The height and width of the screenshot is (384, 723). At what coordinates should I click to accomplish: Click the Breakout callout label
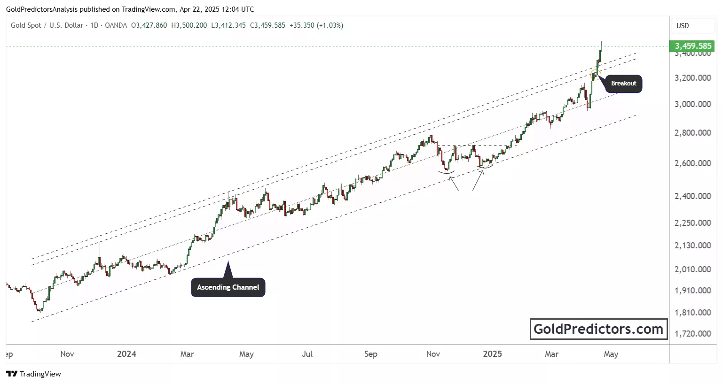[x=623, y=84]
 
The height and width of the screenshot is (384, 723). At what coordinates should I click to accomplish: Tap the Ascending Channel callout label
[x=228, y=287]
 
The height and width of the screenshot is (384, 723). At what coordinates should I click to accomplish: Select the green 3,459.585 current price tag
[x=693, y=46]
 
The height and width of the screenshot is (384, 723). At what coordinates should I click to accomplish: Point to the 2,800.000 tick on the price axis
[x=692, y=133]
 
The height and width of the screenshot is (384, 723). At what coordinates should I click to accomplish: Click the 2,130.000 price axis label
[x=692, y=246]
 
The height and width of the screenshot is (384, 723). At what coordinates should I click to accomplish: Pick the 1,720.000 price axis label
[x=692, y=334]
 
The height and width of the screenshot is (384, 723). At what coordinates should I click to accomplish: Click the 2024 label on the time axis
[x=126, y=354]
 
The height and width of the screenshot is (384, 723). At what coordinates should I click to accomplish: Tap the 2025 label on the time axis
[x=492, y=354]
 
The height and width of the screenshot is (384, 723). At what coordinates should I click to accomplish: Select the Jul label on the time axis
[x=307, y=354]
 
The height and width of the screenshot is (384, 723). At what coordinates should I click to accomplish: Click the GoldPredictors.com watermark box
[x=598, y=329]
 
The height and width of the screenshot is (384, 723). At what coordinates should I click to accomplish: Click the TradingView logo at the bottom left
[x=33, y=374]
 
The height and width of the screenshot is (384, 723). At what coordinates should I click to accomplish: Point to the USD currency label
[x=683, y=26]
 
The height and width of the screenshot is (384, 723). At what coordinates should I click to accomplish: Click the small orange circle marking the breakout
[x=596, y=74]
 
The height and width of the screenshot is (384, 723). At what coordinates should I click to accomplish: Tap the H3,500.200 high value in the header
[x=189, y=25]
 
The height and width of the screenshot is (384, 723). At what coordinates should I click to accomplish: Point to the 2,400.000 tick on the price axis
[x=692, y=196]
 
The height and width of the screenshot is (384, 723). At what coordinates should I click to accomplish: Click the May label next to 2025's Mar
[x=611, y=354]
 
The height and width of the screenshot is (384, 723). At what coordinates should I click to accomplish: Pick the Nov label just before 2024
[x=67, y=354]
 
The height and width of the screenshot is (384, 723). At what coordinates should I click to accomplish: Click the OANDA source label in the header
[x=116, y=25]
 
